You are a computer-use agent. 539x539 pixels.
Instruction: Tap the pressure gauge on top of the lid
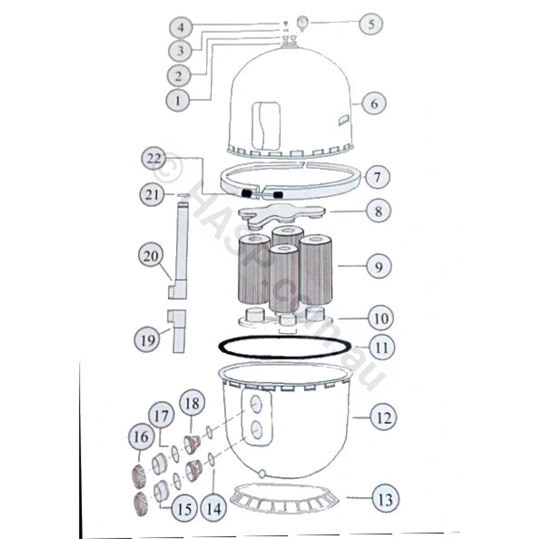[x=303, y=22]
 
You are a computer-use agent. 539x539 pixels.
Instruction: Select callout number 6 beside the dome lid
[x=374, y=103]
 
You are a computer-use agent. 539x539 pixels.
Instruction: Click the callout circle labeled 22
[x=154, y=159]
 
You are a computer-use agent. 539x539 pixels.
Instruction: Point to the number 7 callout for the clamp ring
[x=377, y=177]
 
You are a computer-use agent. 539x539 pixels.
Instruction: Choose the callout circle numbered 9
[x=378, y=266]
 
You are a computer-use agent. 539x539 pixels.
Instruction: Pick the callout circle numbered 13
[x=386, y=499]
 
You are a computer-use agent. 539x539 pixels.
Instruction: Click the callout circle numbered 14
[x=214, y=508]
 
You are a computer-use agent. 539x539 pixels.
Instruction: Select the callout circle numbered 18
[x=192, y=404]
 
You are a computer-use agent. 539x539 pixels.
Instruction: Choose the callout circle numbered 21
[x=152, y=194]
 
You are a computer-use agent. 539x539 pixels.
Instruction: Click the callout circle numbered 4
[x=180, y=28]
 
